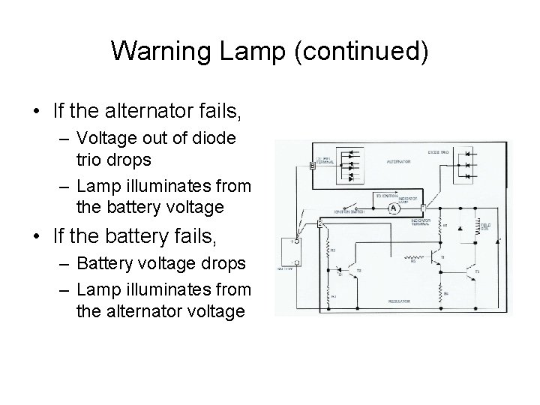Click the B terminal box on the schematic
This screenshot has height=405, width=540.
pyautogui.click(x=313, y=167)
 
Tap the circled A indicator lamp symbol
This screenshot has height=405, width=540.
pyautogui.click(x=392, y=211)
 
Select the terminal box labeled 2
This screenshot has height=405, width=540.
pyautogui.click(x=320, y=223)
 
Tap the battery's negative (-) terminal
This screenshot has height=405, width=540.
pyautogui.click(x=297, y=262)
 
